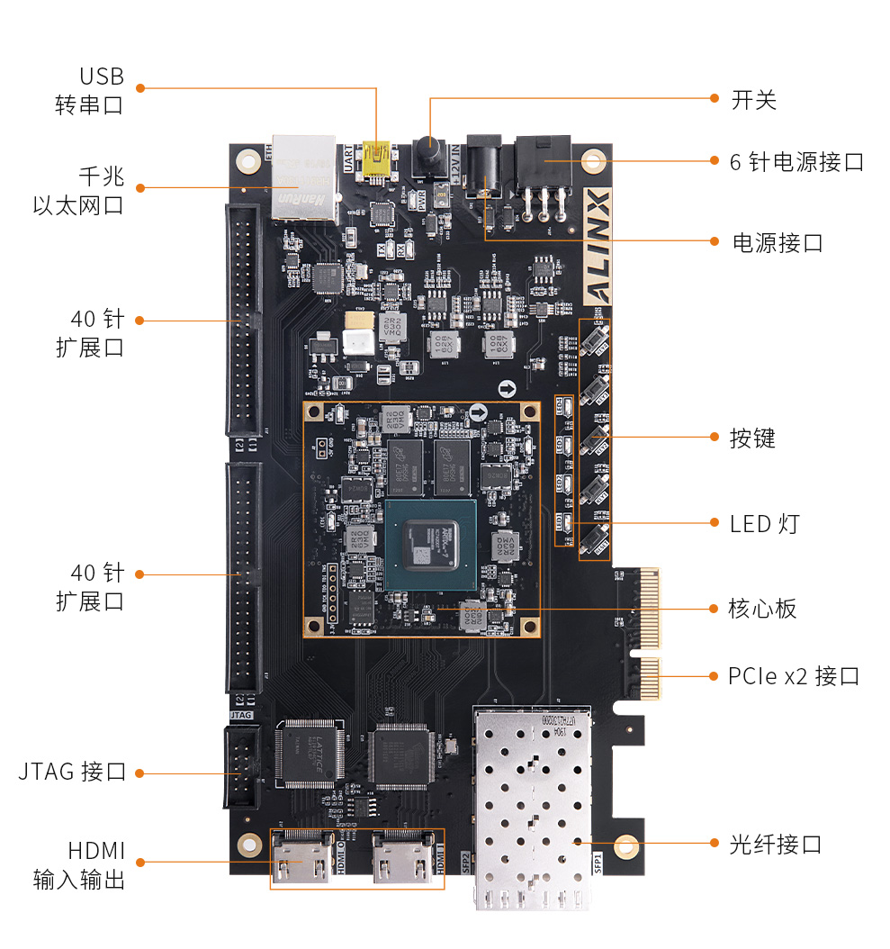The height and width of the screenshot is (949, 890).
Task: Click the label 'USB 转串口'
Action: tap(89, 90)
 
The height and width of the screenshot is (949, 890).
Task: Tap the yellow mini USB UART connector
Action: tap(378, 159)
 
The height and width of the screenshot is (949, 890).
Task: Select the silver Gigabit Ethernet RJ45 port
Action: tap(303, 178)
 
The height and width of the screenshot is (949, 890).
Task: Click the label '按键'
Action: tap(752, 438)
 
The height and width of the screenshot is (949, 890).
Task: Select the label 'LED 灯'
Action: tap(764, 523)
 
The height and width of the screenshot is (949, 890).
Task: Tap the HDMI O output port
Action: tap(302, 859)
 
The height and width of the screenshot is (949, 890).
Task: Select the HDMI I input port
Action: tap(403, 859)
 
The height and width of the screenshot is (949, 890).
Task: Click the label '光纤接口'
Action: tap(776, 845)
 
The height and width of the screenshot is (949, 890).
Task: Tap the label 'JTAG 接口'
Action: tap(72, 772)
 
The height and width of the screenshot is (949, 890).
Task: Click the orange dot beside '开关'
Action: tap(714, 98)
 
